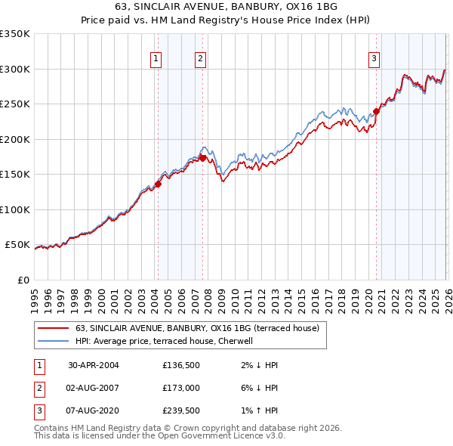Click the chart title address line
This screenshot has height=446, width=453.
[226, 6]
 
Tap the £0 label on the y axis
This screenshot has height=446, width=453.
[23, 280]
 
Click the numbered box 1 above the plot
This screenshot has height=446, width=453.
[156, 58]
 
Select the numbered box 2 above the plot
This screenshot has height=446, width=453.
[200, 58]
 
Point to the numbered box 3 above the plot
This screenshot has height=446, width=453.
[374, 58]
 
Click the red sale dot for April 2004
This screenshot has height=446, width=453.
[159, 184]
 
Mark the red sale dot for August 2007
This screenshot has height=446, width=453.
[202, 158]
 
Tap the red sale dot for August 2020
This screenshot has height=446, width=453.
[375, 111]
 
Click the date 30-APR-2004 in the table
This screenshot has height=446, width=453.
[94, 365]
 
